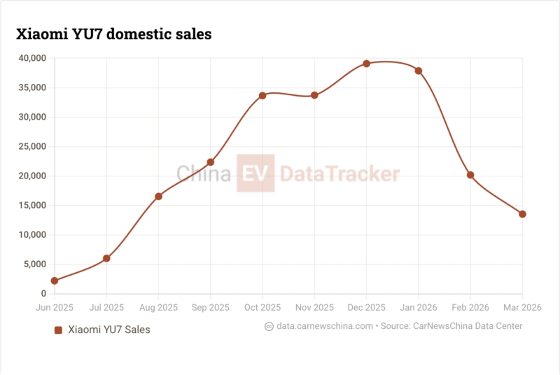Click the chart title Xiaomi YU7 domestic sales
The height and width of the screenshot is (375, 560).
coord(113,34)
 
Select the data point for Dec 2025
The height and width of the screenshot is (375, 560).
coord(366,64)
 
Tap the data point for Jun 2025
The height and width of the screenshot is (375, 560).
coord(55,281)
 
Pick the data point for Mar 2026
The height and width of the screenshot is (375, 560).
coord(522,214)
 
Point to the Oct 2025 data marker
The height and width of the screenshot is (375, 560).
coord(262,95)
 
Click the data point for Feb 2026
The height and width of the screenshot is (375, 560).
coord(470,175)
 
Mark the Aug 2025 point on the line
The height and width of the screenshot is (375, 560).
coord(159,197)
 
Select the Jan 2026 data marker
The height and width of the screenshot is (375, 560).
coord(419,71)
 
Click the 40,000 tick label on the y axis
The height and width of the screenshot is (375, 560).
coord(32,59)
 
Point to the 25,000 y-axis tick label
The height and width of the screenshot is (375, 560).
coord(32,147)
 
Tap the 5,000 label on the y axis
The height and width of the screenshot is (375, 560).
coord(34,264)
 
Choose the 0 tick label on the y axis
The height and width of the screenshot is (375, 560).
coord(43,294)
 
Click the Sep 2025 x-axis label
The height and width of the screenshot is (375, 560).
coord(210,307)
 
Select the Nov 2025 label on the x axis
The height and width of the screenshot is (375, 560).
coord(314,307)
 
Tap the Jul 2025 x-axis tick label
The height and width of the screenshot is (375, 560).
coord(106,307)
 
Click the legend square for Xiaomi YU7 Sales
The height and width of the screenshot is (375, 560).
coord(59,330)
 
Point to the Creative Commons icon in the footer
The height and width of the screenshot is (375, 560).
coord(269,326)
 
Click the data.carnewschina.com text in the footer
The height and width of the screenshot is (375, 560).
coord(324,326)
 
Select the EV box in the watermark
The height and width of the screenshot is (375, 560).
coord(256,174)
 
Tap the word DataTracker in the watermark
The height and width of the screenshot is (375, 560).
coord(340,174)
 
